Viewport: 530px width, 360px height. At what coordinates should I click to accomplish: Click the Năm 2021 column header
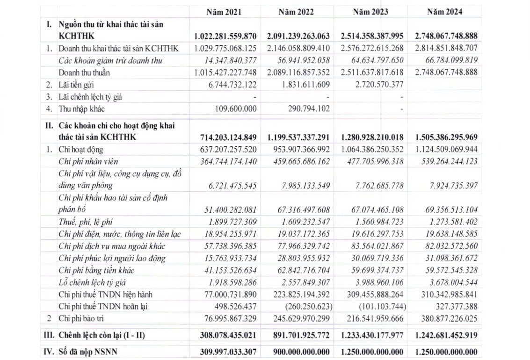(224, 12)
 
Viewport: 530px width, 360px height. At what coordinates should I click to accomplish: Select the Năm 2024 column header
(444, 12)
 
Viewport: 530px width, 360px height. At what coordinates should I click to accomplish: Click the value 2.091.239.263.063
(298, 36)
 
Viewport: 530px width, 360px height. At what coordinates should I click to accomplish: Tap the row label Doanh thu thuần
(85, 72)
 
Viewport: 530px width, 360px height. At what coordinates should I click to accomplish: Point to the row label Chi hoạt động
(80, 150)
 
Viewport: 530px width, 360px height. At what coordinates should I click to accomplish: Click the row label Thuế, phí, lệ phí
(86, 222)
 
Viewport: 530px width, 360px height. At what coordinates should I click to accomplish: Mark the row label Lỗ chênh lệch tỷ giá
(92, 282)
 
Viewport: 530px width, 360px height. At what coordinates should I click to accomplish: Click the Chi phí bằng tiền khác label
(98, 270)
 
